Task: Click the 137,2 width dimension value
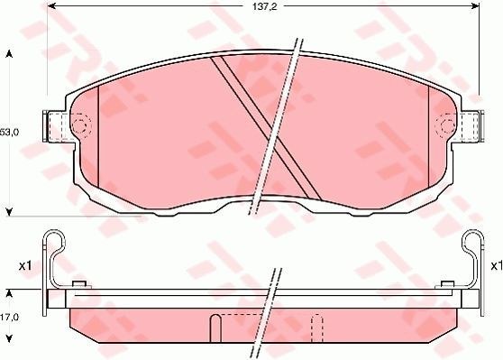click(x=264, y=6)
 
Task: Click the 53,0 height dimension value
click(x=10, y=133)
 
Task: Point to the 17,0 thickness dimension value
click(x=10, y=318)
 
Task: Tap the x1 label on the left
click(x=24, y=266)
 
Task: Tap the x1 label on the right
click(x=497, y=266)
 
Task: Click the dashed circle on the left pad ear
click(x=80, y=125)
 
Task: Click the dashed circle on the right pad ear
click(x=445, y=125)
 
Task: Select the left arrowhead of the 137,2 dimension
click(x=50, y=6)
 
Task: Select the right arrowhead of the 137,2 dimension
click(x=476, y=6)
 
